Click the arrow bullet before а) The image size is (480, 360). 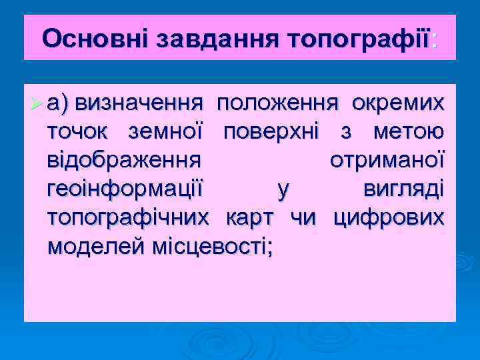[38, 104]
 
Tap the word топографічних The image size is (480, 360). [128, 219]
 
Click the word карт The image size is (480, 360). [249, 219]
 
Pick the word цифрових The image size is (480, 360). [388, 219]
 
